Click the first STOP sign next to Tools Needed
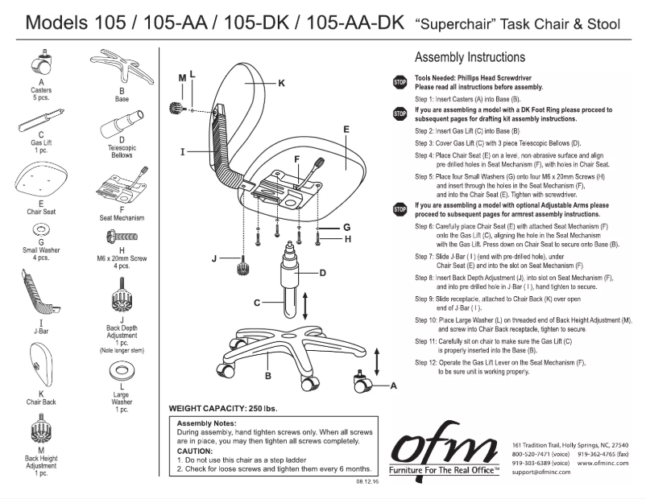(400, 82)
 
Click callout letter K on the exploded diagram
(282, 82)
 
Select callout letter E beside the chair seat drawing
(346, 129)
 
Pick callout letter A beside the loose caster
(394, 386)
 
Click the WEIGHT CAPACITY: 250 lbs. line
(222, 408)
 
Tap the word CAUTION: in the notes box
(196, 451)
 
